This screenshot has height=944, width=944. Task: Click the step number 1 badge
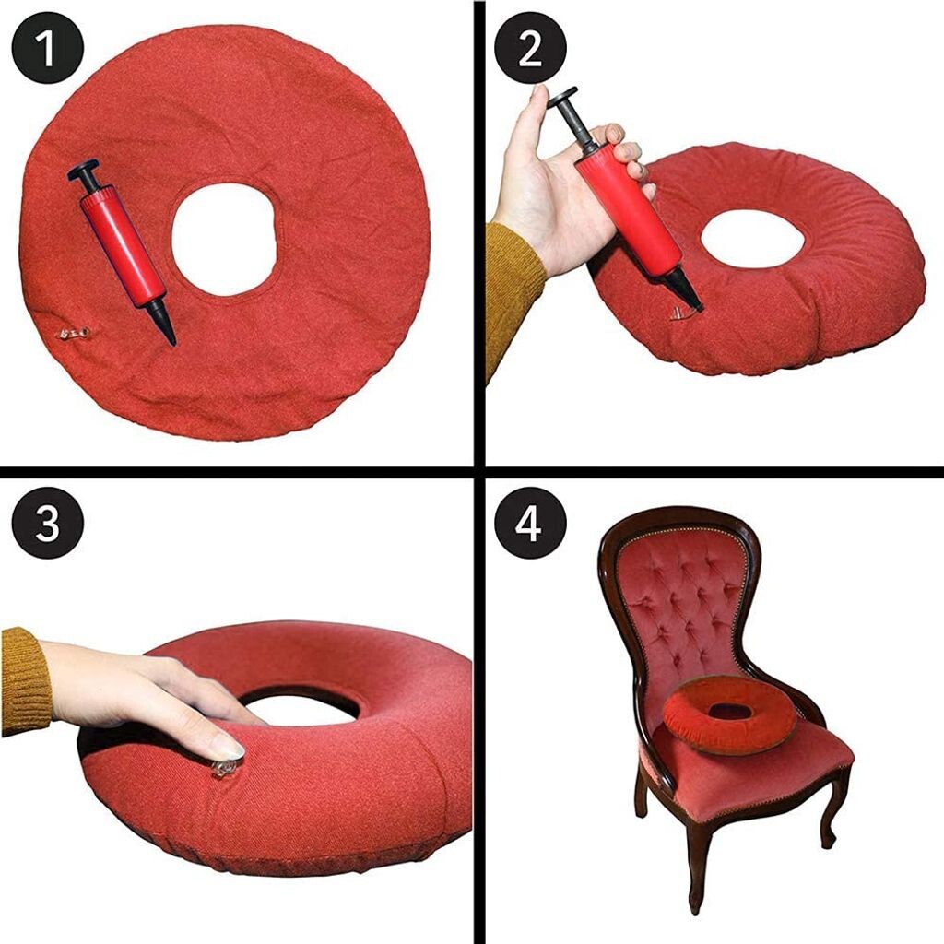pyautogui.click(x=47, y=48)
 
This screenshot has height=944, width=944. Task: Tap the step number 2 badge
pyautogui.click(x=530, y=48)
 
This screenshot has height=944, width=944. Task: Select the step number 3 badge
pyautogui.click(x=48, y=523)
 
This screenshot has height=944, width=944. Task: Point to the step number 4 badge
pyautogui.click(x=530, y=523)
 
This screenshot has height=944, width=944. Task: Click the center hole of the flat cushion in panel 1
pyautogui.click(x=224, y=239)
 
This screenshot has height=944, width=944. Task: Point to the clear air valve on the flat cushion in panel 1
pyautogui.click(x=74, y=332)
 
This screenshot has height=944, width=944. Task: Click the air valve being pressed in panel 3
pyautogui.click(x=224, y=767)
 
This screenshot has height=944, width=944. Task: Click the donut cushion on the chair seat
pyautogui.click(x=730, y=714)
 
